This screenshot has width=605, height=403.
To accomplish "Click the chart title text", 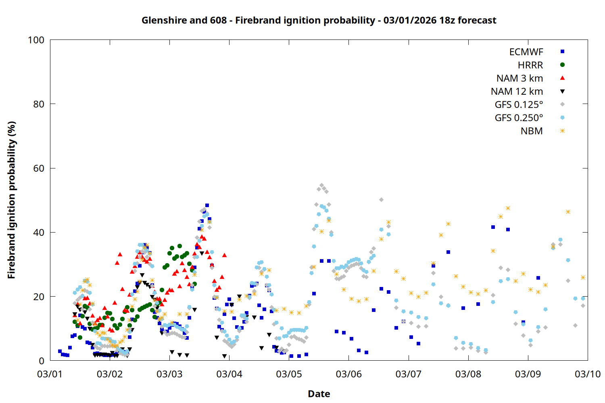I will coord(319,20).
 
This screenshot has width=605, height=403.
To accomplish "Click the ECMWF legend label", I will coord(526,52).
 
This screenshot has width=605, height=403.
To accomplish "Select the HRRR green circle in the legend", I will coord(562,65).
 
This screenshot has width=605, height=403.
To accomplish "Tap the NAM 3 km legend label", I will coord(519,78).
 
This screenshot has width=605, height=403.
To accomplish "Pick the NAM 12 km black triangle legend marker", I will coord(562,91).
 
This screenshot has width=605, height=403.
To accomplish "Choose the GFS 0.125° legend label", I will coord(519,105).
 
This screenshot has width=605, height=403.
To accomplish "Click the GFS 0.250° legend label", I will coord(519,118).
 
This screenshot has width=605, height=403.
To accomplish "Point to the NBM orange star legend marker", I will coord(562,131).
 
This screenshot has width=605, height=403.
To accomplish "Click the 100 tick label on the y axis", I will coord(36,40).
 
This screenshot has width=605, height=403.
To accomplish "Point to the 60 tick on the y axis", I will coord(39,168).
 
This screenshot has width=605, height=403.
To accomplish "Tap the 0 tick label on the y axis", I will coord(42,361).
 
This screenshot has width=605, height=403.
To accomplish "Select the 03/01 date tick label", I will coord(50,374).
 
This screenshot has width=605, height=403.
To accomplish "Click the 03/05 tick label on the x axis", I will coord(289,374).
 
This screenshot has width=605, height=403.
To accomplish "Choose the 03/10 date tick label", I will coord(588,374).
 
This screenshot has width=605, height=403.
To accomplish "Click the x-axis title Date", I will coord(319,394).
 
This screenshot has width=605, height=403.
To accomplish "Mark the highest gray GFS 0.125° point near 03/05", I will coord(321,185).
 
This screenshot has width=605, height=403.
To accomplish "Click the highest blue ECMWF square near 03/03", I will coord(207,206).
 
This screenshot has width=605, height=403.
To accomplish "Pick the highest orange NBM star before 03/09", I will coord(508,208).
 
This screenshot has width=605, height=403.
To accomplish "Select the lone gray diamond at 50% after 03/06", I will coord(381,200).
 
